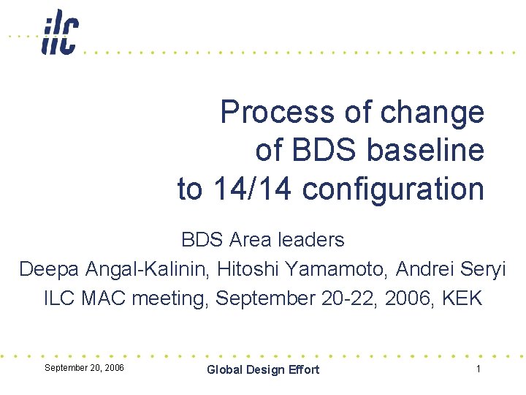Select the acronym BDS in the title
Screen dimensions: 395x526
point(324,151)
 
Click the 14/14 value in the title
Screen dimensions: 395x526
point(253,189)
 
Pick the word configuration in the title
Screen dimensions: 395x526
point(393,189)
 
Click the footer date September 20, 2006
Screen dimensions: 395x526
point(84,367)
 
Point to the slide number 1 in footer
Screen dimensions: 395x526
point(478,369)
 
